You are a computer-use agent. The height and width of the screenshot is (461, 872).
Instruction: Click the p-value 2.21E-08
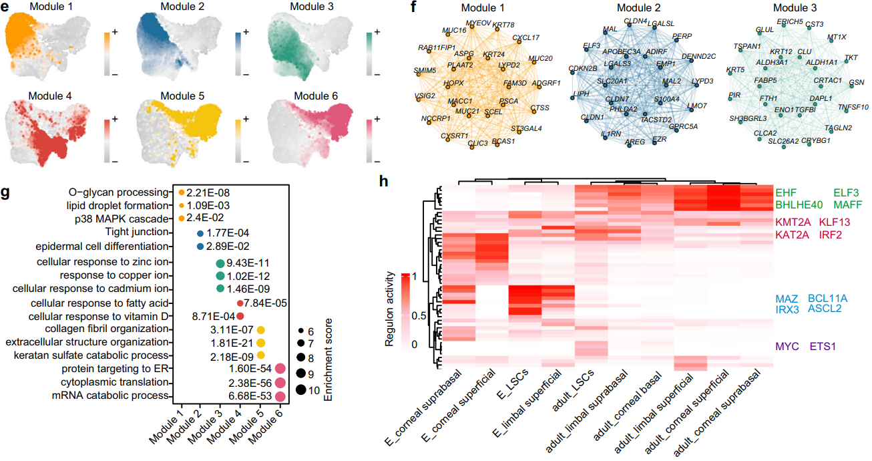click(208, 192)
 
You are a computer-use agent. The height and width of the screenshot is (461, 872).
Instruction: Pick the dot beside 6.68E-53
click(280, 396)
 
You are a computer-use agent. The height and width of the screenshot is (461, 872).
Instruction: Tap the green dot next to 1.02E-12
click(220, 275)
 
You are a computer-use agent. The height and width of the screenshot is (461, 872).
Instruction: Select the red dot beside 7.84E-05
click(240, 303)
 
